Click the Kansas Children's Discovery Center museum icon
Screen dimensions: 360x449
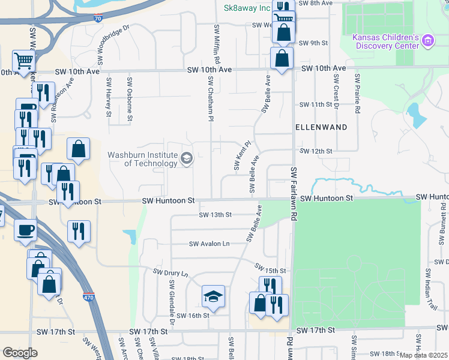point(427,41)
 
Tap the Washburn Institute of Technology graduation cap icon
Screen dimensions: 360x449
point(186,159)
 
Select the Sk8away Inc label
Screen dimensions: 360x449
point(247,8)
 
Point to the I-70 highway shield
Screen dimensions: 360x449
point(98,19)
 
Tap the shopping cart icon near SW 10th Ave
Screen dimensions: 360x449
point(24,60)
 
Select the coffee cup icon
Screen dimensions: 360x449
point(25,230)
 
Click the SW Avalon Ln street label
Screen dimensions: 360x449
point(209,244)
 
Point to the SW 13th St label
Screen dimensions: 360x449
point(215,214)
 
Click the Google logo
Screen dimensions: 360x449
point(20,353)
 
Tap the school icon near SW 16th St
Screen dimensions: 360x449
point(212,296)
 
